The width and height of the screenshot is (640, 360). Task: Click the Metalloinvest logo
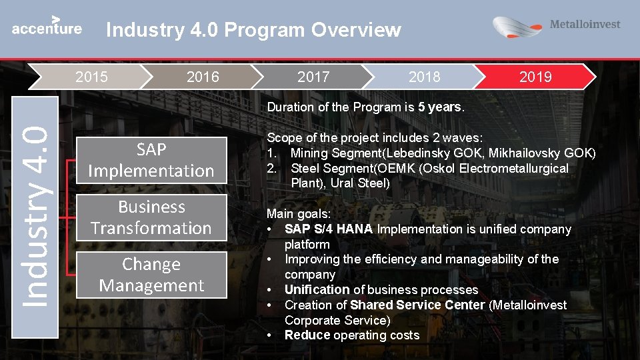(556, 27)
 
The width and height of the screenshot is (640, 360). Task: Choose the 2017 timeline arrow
(313, 77)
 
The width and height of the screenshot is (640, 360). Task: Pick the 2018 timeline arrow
(424, 77)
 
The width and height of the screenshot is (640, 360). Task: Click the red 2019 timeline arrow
(535, 77)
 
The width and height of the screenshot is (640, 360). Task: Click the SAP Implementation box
(151, 160)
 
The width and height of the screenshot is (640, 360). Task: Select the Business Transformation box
(151, 217)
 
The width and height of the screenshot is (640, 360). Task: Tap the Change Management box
(151, 275)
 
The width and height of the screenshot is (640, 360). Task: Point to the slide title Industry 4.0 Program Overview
(253, 30)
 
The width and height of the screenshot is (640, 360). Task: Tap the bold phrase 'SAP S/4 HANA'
(329, 229)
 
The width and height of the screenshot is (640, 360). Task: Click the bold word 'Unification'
(317, 290)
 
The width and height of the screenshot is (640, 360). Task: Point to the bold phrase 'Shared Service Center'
(417, 305)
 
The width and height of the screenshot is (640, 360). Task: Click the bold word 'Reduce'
(307, 335)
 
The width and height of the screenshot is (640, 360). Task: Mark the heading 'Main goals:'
(298, 214)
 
